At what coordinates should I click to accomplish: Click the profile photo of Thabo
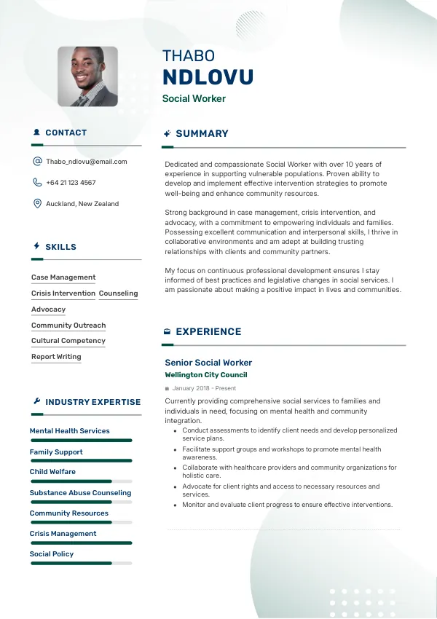pyautogui.click(x=87, y=76)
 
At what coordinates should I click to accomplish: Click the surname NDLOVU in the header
pyautogui.click(x=208, y=77)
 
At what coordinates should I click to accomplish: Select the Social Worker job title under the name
pyautogui.click(x=194, y=98)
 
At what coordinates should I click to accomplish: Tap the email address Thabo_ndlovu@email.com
pyautogui.click(x=86, y=162)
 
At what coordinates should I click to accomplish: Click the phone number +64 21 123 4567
pyautogui.click(x=71, y=183)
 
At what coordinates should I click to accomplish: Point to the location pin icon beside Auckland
pyautogui.click(x=37, y=204)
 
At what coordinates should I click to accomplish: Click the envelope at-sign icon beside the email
pyautogui.click(x=37, y=162)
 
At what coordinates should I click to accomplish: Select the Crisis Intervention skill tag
pyautogui.click(x=63, y=293)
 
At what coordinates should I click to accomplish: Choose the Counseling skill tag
pyautogui.click(x=118, y=293)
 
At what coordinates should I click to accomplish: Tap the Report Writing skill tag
pyautogui.click(x=56, y=357)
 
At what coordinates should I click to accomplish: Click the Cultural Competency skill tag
pyautogui.click(x=68, y=341)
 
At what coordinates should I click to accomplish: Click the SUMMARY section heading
pyautogui.click(x=202, y=134)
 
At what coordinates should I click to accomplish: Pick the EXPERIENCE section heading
pyautogui.click(x=208, y=332)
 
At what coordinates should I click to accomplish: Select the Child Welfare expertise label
pyautogui.click(x=52, y=472)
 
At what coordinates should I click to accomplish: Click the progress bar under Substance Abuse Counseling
pyautogui.click(x=80, y=502)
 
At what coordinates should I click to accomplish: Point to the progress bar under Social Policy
pyautogui.click(x=80, y=563)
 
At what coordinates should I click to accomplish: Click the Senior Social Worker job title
pyautogui.click(x=208, y=363)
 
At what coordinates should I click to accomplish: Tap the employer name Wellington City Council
pyautogui.click(x=206, y=375)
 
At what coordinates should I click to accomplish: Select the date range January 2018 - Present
pyautogui.click(x=204, y=388)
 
